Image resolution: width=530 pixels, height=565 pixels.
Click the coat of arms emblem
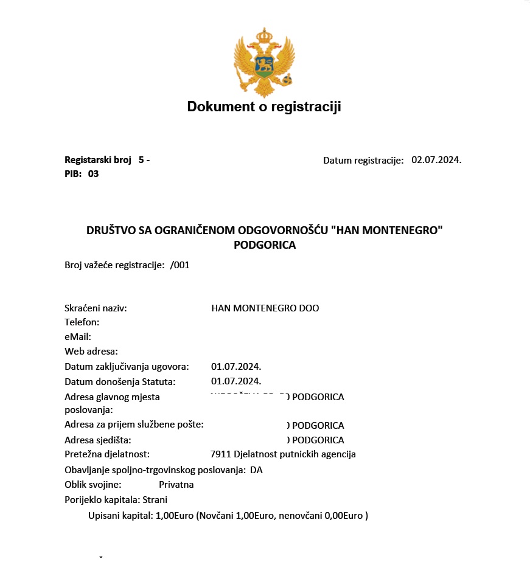[x=264, y=61]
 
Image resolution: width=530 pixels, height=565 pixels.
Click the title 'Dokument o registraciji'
[x=264, y=107]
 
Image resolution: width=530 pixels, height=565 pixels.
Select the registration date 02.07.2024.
[x=436, y=160]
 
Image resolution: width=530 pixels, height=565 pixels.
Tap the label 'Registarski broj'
[x=98, y=160]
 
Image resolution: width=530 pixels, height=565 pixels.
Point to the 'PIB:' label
[x=73, y=174]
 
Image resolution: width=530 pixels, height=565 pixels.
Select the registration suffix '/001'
[x=180, y=265]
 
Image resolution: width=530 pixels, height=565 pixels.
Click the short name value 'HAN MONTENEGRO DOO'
[x=265, y=308]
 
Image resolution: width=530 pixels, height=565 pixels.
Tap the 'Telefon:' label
[x=82, y=322]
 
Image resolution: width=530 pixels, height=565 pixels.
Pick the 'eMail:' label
[x=77, y=337]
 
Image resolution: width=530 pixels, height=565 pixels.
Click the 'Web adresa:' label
[x=91, y=352]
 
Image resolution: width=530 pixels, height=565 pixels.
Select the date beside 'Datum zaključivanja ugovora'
[x=236, y=367]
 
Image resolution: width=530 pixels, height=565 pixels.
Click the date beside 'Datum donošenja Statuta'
[x=236, y=381]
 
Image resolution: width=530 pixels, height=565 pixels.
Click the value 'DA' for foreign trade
[x=256, y=470]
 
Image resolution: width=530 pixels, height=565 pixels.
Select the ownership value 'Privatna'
[x=176, y=485]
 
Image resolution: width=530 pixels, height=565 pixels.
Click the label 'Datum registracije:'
[x=363, y=161]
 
